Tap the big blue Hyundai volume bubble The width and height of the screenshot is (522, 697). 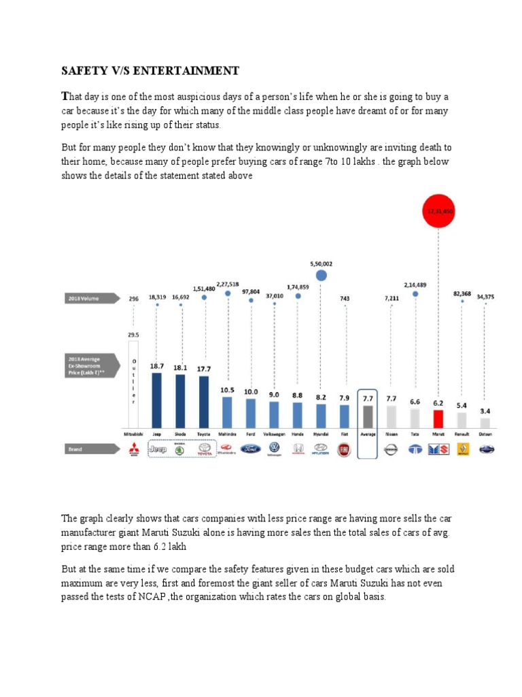click(x=321, y=275)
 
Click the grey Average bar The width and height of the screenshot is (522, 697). click(x=368, y=415)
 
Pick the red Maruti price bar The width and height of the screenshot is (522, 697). click(x=438, y=417)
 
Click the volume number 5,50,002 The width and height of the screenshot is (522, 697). click(x=321, y=263)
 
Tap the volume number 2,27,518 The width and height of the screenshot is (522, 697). click(x=228, y=285)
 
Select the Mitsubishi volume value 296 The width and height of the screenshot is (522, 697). click(x=134, y=297)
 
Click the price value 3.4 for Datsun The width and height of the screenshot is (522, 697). click(x=485, y=411)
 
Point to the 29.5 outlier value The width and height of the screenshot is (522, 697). click(x=134, y=335)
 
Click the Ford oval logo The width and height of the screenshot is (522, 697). click(x=251, y=449)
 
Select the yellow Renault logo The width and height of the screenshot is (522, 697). click(x=462, y=449)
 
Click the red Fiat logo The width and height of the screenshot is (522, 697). click(x=345, y=449)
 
